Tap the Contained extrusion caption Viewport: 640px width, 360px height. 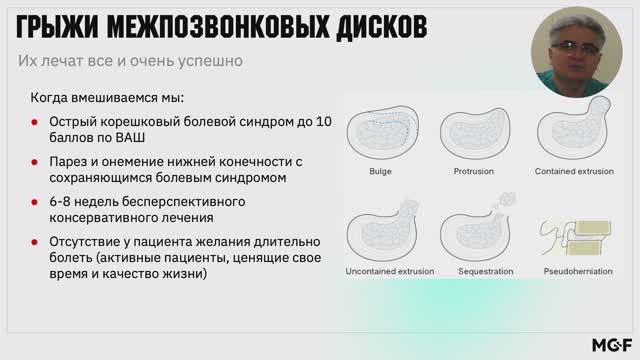[x=574, y=171]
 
